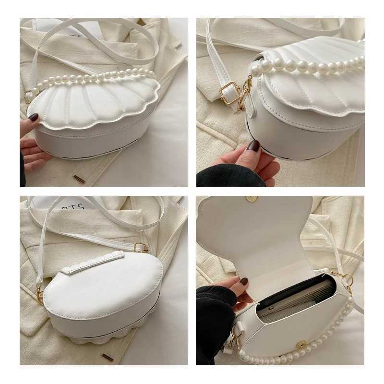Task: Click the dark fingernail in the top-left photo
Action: [33, 117]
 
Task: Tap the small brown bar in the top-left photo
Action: [79, 179]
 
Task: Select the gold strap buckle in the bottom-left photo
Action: [141, 248]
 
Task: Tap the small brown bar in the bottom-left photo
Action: [108, 357]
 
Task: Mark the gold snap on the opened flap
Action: [251, 199]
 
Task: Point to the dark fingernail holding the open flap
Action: [244, 282]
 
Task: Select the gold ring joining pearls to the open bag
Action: [347, 278]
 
